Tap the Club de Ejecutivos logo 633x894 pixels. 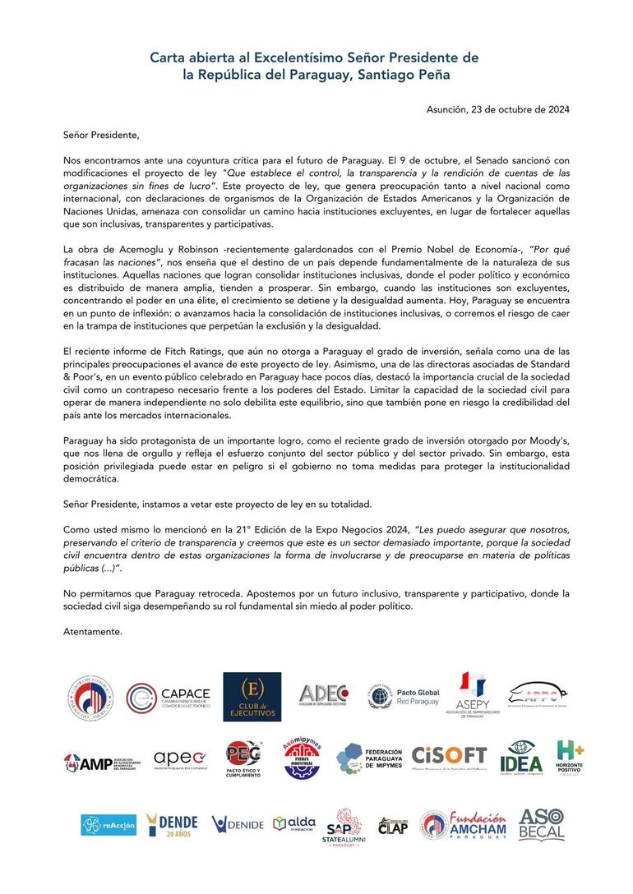252,697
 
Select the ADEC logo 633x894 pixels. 323,696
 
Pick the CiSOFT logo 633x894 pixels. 449,757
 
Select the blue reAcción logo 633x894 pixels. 109,824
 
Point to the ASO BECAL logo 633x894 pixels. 541,824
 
